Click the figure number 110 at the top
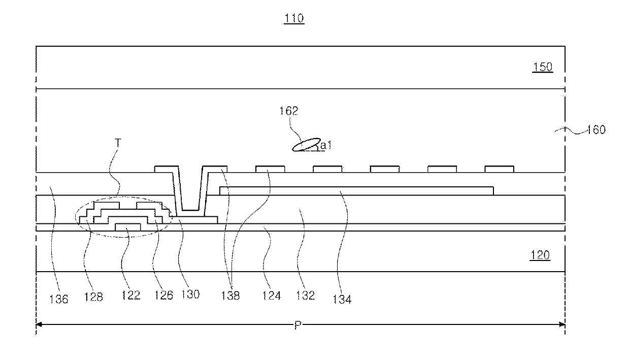(294, 19)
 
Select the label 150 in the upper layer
(542, 68)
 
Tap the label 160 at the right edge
(595, 130)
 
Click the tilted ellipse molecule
(306, 145)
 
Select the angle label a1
(326, 145)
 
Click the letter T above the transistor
(118, 144)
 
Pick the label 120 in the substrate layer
(540, 256)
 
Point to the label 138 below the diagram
(231, 294)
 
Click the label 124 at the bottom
(271, 295)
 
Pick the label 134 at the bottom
(342, 299)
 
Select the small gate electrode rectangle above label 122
(128, 227)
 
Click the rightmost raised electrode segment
(499, 169)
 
